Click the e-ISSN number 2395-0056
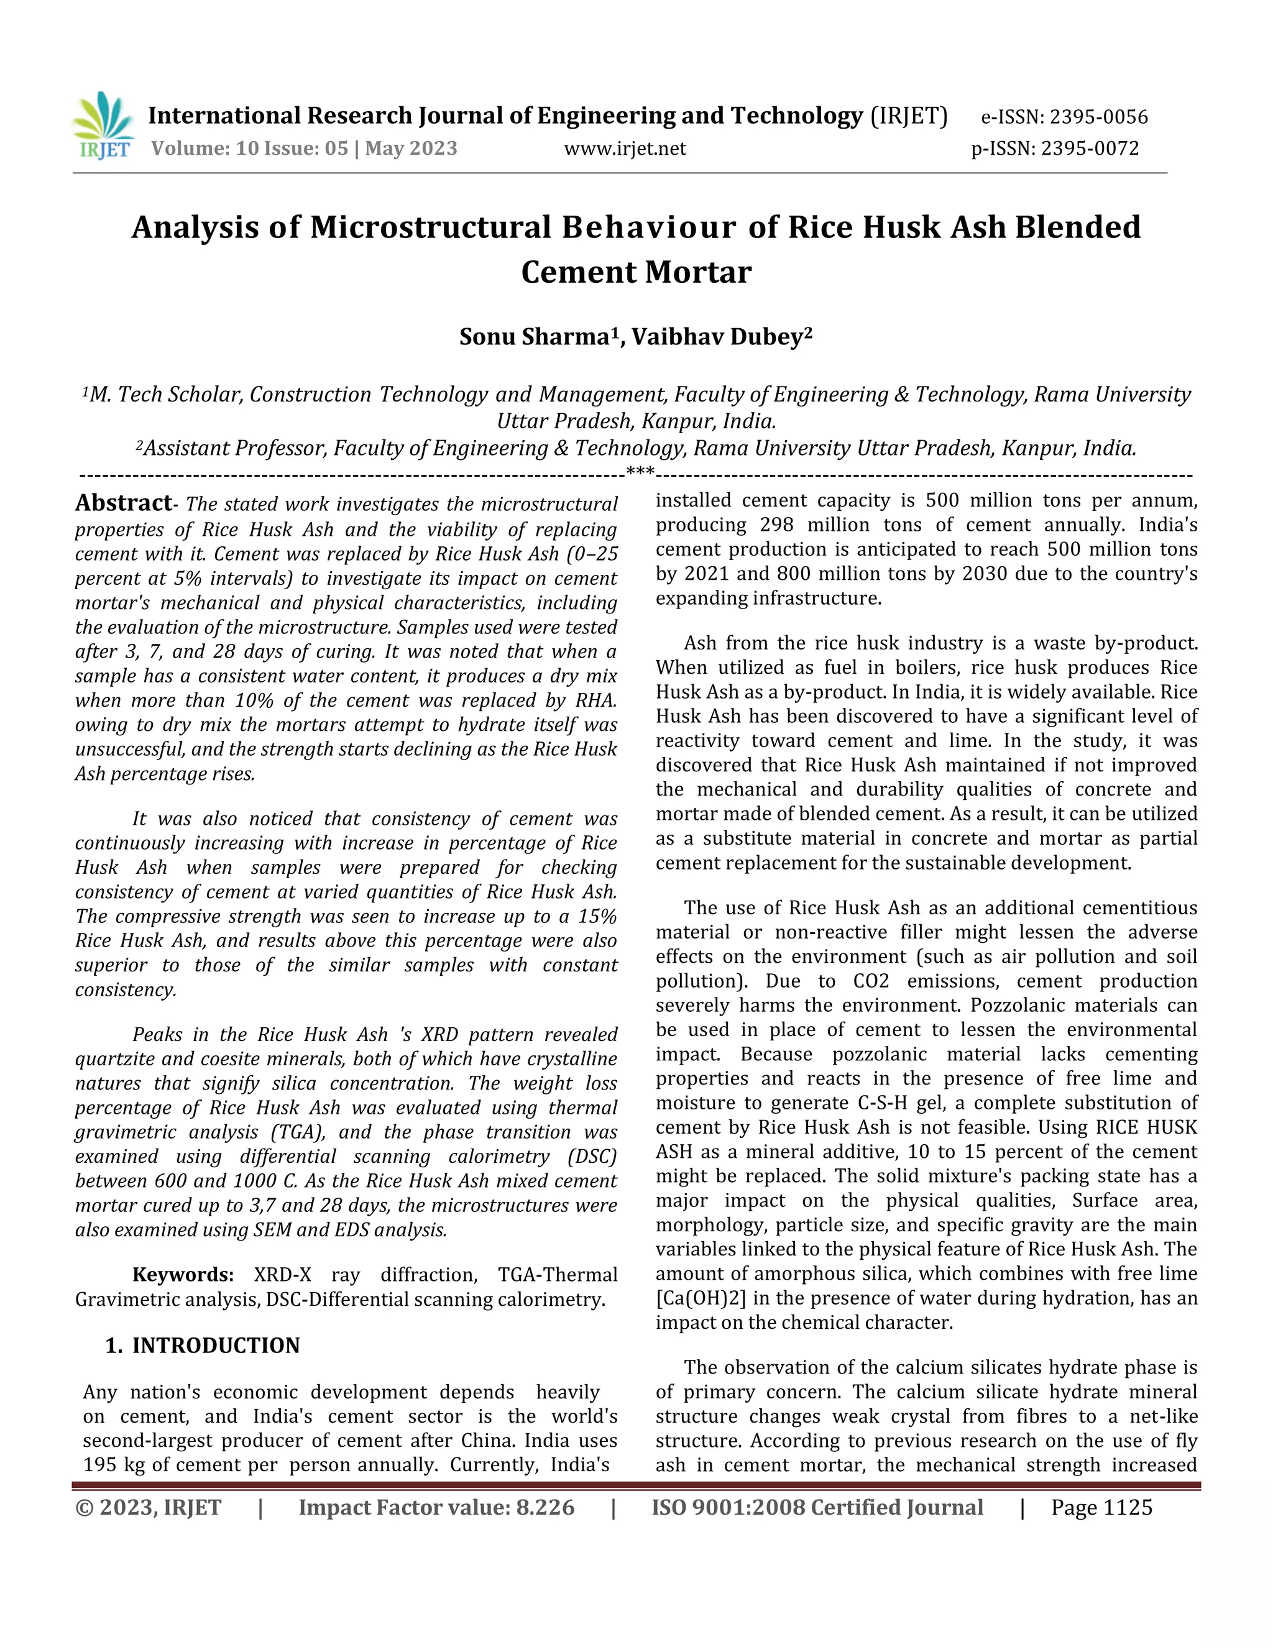[1099, 117]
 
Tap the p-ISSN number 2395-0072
[1090, 149]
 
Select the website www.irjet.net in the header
[625, 149]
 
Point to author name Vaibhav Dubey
[722, 336]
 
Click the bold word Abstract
[123, 503]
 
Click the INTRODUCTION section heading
[216, 1346]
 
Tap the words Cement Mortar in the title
[636, 272]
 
